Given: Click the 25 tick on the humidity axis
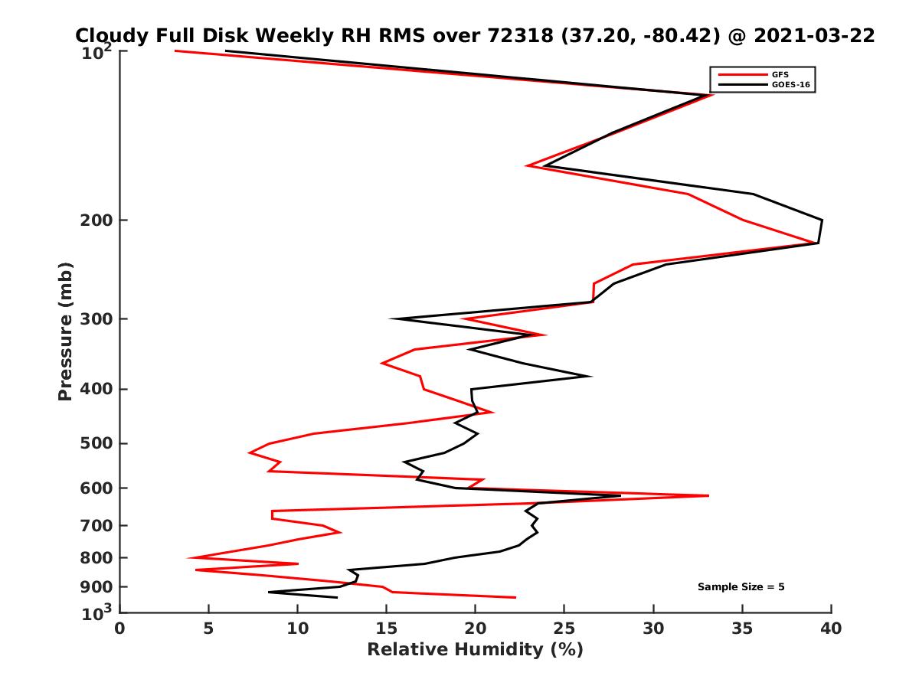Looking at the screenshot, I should click(564, 629).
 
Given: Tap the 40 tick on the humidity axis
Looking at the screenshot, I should click(831, 629).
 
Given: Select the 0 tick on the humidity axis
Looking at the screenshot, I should click(120, 629).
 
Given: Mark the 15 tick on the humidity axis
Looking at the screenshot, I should click(387, 629).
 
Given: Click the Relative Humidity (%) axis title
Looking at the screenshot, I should click(475, 650).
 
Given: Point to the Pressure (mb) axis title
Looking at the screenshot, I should click(65, 331).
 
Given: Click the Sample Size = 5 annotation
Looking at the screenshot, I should click(741, 587).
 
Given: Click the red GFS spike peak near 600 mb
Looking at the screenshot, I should click(708, 496).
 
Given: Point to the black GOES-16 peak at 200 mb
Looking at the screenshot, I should click(822, 220).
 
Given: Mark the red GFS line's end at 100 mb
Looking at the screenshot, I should click(175, 51).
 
